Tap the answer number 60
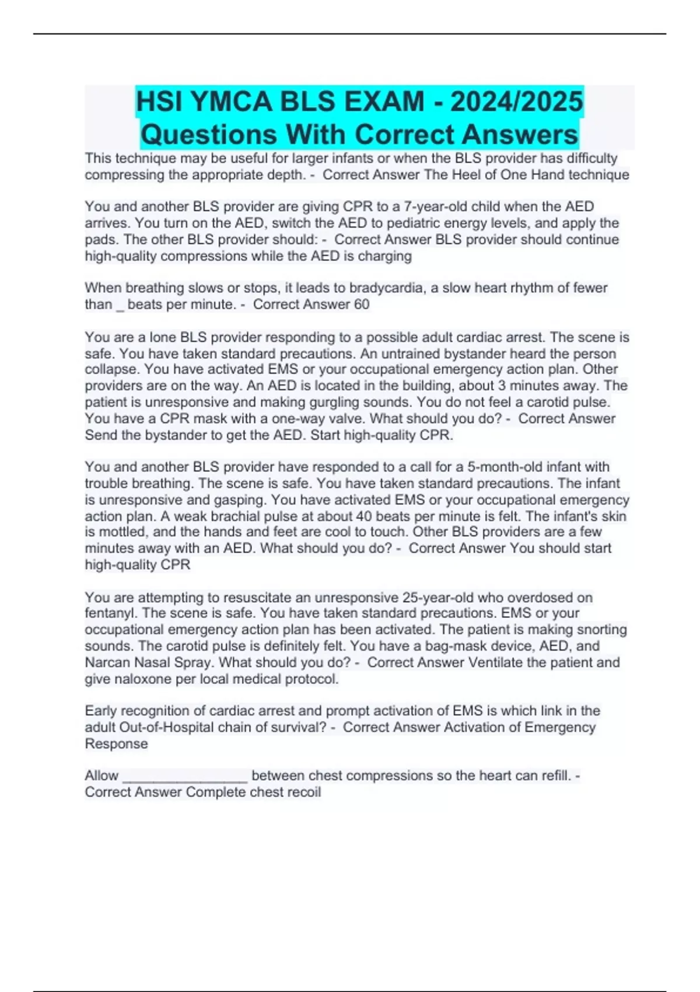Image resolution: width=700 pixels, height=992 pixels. (361, 304)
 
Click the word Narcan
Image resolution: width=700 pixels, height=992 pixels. (110, 662)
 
